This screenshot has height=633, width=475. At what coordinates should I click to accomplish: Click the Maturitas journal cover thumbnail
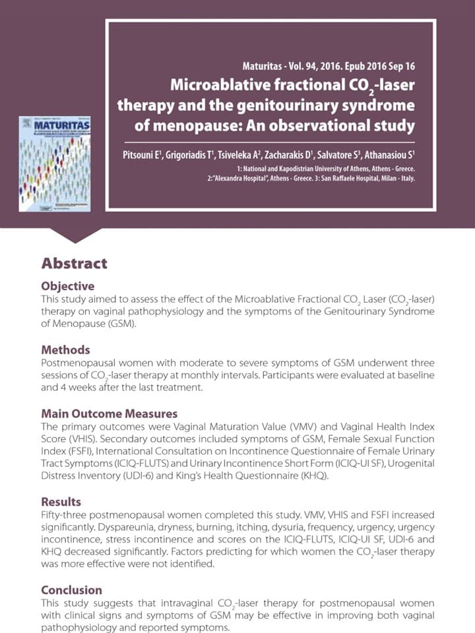(x=54, y=164)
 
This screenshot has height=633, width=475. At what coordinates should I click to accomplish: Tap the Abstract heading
(x=74, y=264)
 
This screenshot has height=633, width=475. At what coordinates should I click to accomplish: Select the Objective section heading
(x=67, y=286)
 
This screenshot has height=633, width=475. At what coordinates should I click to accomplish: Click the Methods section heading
(x=65, y=349)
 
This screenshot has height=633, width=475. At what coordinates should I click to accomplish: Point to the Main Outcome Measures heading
(x=109, y=413)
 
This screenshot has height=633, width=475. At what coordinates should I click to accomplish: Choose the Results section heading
(x=61, y=502)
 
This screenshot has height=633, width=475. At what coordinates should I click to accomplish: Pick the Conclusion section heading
(x=71, y=589)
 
